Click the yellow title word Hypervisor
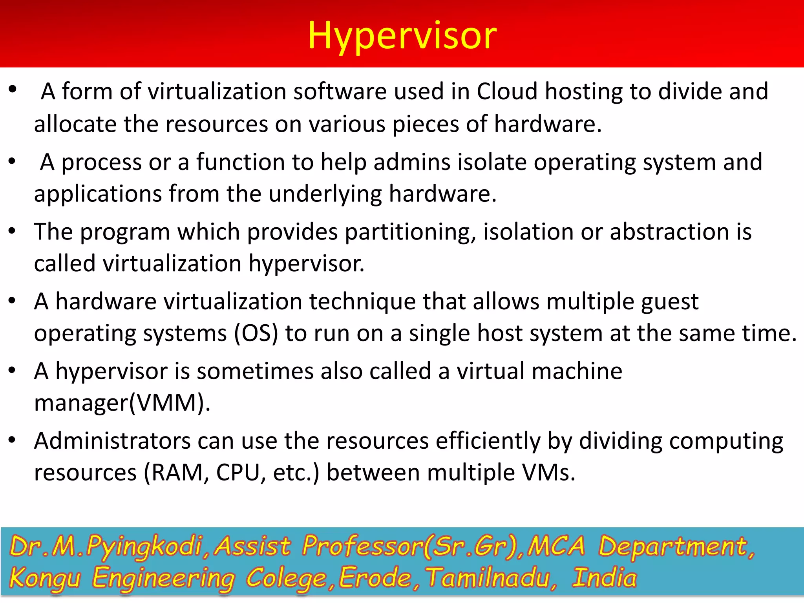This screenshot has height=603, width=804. point(402,36)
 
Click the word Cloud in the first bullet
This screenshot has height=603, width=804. point(507,91)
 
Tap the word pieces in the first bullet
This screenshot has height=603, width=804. point(426,125)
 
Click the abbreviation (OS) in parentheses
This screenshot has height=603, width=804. point(256,334)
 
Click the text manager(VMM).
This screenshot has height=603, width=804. point(122,403)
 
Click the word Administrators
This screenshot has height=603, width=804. point(112,441)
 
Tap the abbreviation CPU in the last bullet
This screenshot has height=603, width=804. point(238,473)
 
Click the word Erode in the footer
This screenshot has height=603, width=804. point(375,578)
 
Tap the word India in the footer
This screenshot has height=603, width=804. point(604,578)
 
